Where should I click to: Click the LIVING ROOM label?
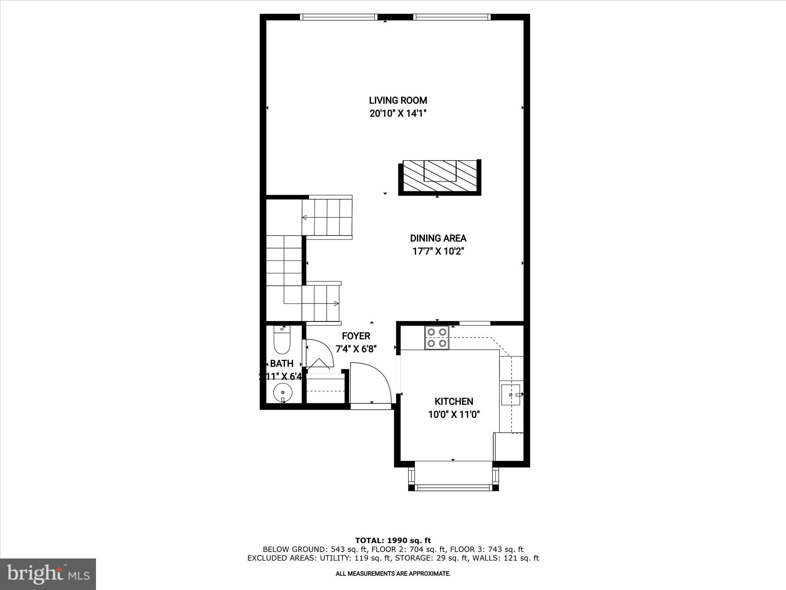(x=398, y=101)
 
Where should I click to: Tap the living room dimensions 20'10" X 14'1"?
(x=398, y=114)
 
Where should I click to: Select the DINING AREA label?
(x=438, y=238)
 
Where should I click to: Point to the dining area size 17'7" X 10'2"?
(x=438, y=252)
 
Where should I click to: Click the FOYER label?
(x=356, y=336)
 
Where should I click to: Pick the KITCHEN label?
(x=454, y=401)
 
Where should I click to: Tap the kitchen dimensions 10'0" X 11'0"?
(x=454, y=415)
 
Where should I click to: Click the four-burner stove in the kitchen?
(x=437, y=338)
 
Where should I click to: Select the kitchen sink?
(x=510, y=394)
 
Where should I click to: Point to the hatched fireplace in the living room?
(x=439, y=177)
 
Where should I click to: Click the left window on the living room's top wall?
(x=338, y=17)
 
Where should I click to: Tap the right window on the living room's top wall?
(x=452, y=17)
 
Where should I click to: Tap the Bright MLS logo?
(x=48, y=574)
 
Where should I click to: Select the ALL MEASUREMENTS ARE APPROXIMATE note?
(x=393, y=574)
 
